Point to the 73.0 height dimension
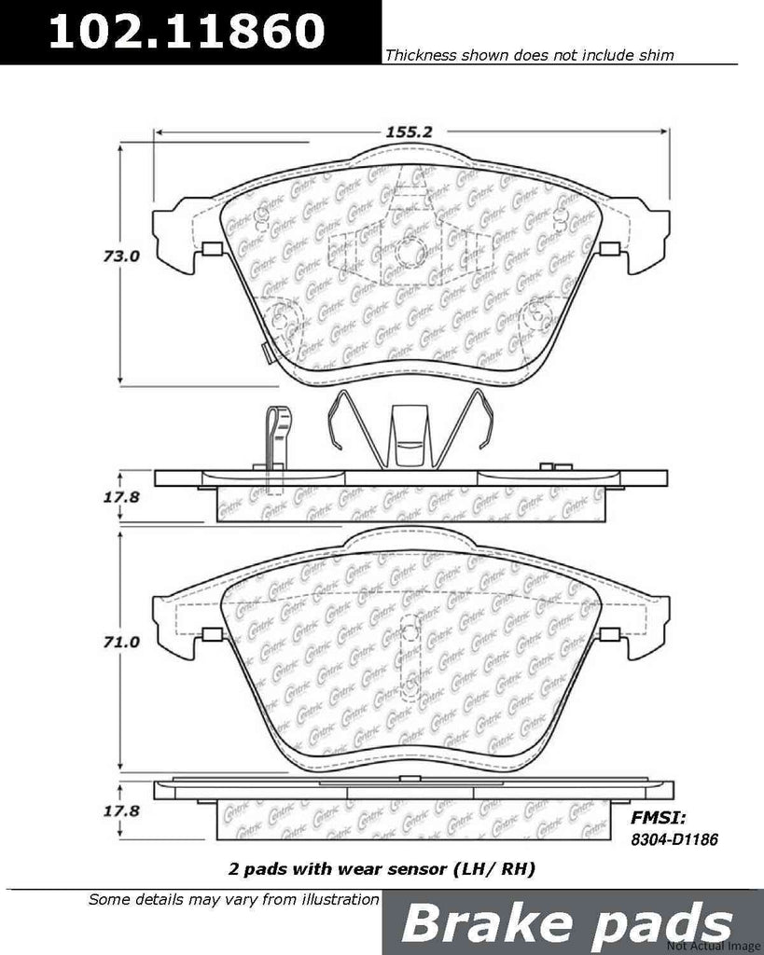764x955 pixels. tap(121, 256)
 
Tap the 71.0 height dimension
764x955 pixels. tap(121, 643)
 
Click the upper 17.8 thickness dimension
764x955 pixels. tap(121, 497)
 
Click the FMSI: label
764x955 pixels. tap(659, 818)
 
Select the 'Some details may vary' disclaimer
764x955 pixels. tap(233, 900)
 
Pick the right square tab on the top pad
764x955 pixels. tap(611, 248)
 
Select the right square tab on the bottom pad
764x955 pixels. tap(611, 636)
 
